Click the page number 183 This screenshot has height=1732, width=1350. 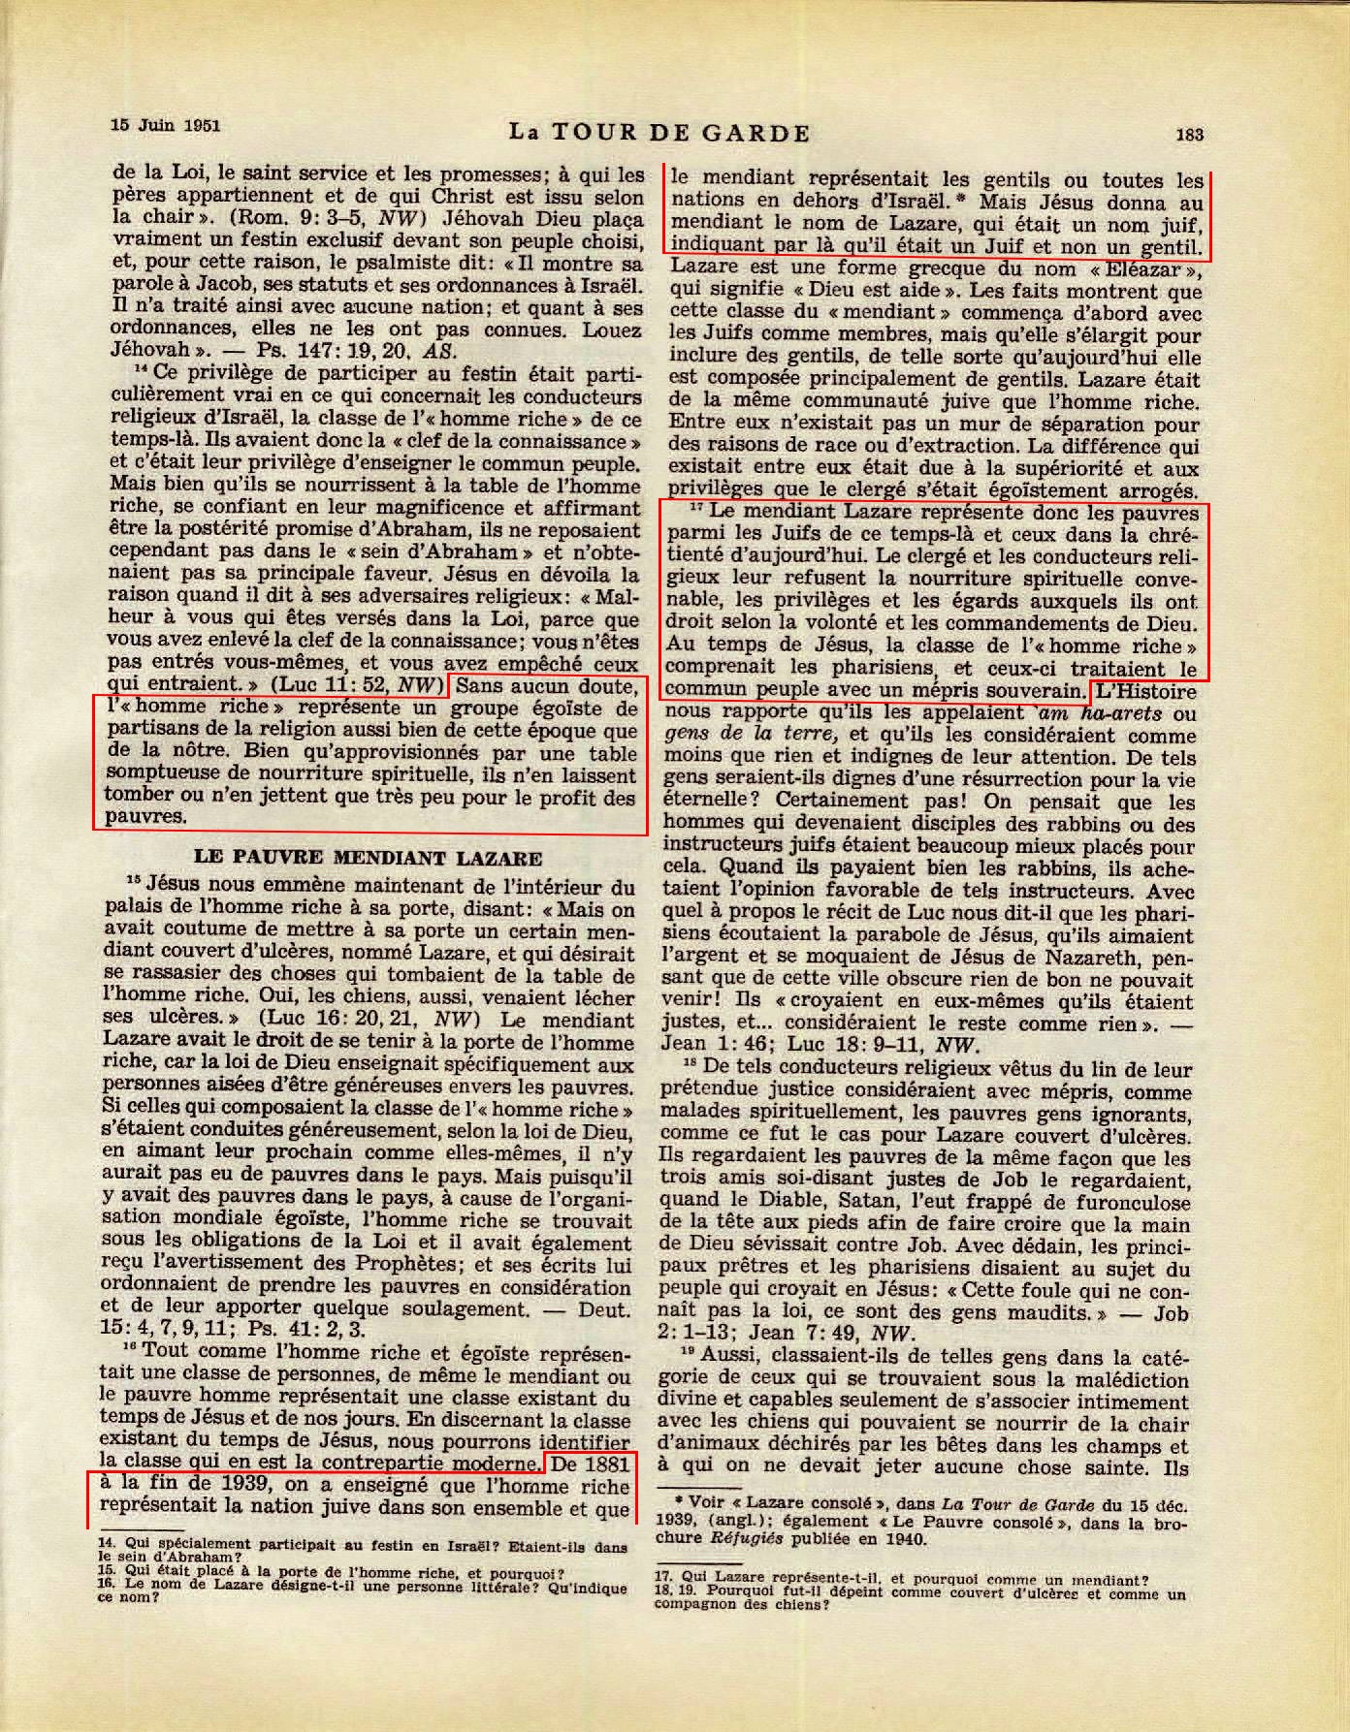point(1189,135)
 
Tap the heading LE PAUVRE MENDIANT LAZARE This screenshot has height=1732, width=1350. point(368,858)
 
